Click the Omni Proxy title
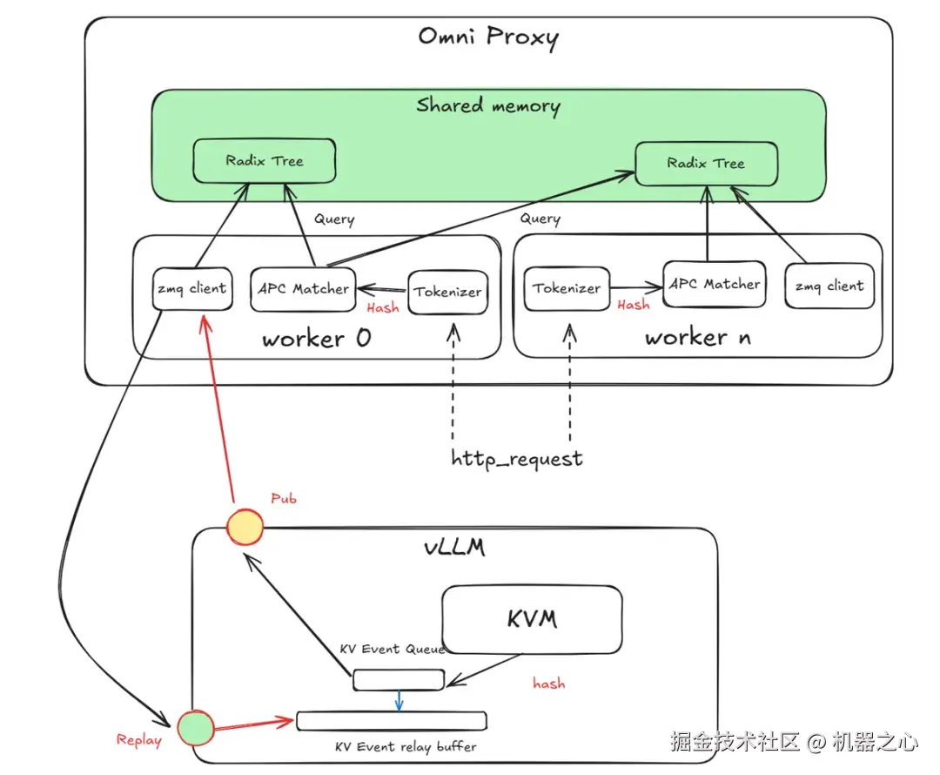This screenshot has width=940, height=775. (x=488, y=37)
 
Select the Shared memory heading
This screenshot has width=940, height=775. (x=488, y=106)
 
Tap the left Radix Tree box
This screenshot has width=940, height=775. (x=265, y=161)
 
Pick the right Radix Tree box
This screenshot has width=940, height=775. (x=706, y=164)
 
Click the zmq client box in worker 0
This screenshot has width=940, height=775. (x=192, y=288)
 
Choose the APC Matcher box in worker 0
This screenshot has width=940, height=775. (x=302, y=289)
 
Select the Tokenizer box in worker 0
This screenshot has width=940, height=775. (x=448, y=292)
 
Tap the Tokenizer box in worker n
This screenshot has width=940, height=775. (x=567, y=288)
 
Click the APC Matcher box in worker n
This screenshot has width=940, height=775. (x=715, y=284)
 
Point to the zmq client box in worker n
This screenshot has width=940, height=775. (x=829, y=286)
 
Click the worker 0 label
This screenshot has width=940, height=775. (x=316, y=339)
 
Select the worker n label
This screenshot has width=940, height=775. (x=697, y=338)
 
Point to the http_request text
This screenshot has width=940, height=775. (x=517, y=458)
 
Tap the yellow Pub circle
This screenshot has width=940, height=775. (x=244, y=528)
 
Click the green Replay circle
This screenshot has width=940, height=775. (x=195, y=728)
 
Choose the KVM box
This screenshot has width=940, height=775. (x=532, y=619)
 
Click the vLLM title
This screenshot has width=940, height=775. (x=453, y=549)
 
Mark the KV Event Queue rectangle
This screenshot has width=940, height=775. (x=399, y=680)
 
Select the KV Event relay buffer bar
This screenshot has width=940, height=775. (x=391, y=721)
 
